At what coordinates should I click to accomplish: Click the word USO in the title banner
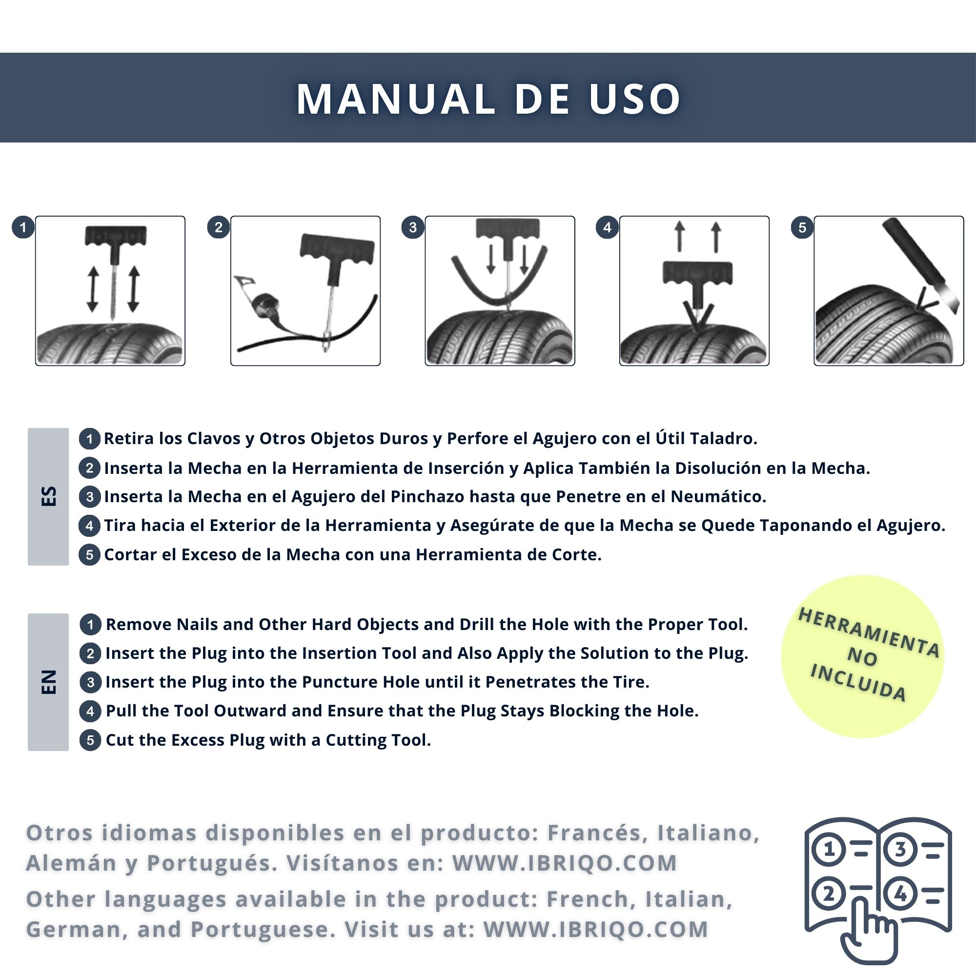click(634, 99)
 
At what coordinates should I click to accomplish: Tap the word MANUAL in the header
click(395, 99)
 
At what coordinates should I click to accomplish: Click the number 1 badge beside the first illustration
click(23, 227)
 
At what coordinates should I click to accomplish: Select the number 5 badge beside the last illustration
click(802, 227)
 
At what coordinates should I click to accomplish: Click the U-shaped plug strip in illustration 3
click(499, 283)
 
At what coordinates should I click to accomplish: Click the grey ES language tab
click(48, 497)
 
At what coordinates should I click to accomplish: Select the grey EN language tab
click(48, 682)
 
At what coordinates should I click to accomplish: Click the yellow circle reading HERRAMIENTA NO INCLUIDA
click(862, 656)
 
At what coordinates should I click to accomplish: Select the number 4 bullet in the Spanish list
click(89, 526)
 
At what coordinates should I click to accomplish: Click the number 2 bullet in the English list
click(90, 654)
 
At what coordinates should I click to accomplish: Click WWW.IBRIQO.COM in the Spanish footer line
click(564, 863)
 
